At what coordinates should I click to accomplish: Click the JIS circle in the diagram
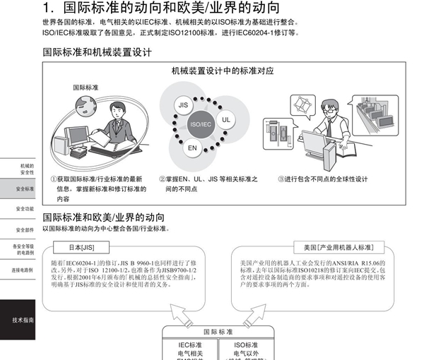click(183, 104)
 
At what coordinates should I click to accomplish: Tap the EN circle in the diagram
click(192, 148)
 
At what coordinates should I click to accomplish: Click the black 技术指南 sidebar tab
click(21, 320)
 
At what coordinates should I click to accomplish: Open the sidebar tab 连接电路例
click(21, 270)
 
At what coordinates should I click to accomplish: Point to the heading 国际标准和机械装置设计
click(97, 53)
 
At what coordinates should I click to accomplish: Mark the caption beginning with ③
click(322, 179)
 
